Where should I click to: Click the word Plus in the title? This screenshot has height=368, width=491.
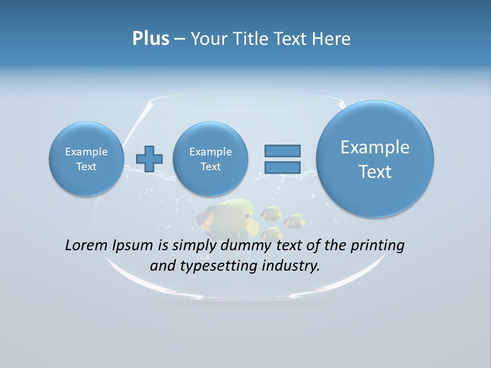tap(150, 39)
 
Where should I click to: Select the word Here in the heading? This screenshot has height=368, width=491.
tap(332, 39)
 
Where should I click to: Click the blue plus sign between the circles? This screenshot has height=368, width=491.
tap(149, 158)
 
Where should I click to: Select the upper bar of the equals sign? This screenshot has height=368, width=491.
tap(282, 151)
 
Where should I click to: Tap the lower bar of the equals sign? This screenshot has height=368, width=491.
tap(282, 168)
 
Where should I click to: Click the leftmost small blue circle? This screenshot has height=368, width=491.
tap(86, 158)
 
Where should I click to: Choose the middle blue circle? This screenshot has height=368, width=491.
tap(210, 158)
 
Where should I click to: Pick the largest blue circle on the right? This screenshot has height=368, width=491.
tap(375, 158)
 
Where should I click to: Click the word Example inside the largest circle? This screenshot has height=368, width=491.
tap(375, 147)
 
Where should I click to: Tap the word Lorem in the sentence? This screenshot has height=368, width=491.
tap(86, 245)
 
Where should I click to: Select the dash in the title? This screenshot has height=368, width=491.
tap(180, 39)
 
